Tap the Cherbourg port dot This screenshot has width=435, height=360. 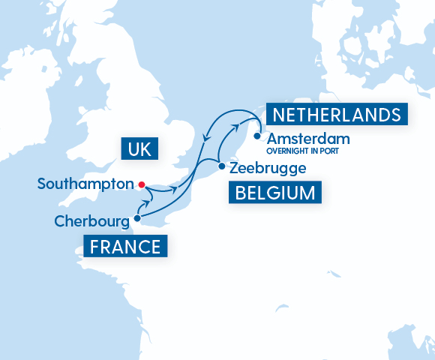(136, 219)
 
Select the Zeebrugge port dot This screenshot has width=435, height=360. (221, 166)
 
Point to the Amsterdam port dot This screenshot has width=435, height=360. (257, 136)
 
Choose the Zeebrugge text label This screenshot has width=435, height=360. (258, 168)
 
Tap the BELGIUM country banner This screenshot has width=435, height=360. (274, 193)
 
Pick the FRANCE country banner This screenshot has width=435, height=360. (125, 247)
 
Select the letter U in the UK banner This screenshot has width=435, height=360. (133, 150)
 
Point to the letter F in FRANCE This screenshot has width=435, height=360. (95, 247)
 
